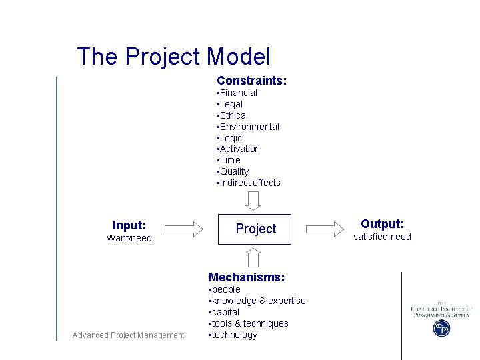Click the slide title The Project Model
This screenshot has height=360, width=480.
[x=173, y=57]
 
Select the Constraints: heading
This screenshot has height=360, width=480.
[x=251, y=81]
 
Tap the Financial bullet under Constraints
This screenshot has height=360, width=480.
[x=237, y=93]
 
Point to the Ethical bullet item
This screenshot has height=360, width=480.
[x=233, y=115]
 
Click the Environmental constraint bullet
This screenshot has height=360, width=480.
[x=248, y=127]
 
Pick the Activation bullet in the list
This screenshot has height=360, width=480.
[x=239, y=149]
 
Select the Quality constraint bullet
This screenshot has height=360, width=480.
[x=233, y=171]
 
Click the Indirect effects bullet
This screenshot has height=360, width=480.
[x=249, y=183]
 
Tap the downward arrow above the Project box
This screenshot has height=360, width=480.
[x=254, y=200]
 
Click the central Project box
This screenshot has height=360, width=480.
[x=255, y=229]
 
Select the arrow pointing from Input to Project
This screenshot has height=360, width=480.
[x=183, y=229]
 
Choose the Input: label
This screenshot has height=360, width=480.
[x=129, y=225]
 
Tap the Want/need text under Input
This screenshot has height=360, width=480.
[x=129, y=238]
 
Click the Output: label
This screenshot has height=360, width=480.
[x=382, y=224]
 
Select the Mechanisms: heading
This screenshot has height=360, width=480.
[x=247, y=277]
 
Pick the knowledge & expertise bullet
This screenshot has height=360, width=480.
[x=257, y=301]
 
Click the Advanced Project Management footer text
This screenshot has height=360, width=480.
[x=128, y=335]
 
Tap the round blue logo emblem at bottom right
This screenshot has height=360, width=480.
[x=441, y=328]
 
